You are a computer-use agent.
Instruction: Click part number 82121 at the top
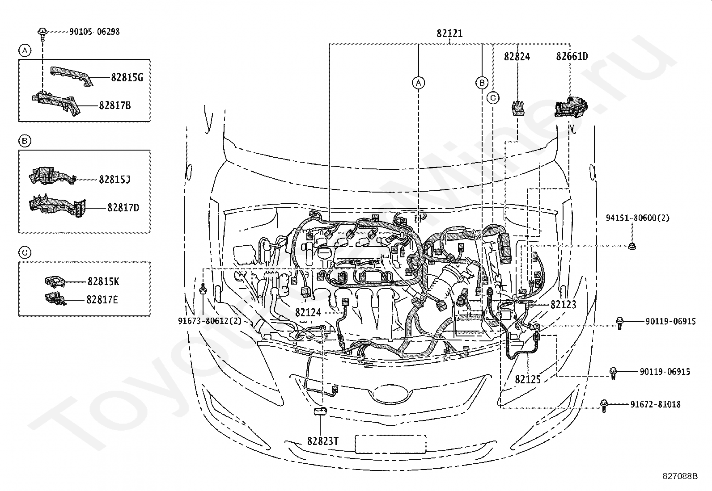point(449,34)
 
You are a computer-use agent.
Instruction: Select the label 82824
point(517,57)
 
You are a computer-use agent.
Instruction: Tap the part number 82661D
point(572,56)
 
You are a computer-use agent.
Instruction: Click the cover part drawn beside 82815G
point(72,76)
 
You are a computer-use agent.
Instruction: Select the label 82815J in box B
point(114,180)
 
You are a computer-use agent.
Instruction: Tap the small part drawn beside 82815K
point(55,281)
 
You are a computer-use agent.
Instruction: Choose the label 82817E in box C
point(102,299)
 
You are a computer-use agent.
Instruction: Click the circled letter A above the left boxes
point(25,50)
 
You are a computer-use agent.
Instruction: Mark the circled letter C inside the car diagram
point(493,98)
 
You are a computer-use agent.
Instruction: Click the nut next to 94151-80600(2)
point(632,246)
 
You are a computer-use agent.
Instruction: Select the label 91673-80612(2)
point(210,321)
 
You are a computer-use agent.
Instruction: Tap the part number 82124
point(308,313)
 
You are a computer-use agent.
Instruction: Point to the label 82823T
point(322,441)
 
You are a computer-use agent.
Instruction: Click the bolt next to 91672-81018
point(604,406)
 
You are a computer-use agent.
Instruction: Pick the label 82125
point(528,379)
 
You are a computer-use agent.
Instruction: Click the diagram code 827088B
point(680,476)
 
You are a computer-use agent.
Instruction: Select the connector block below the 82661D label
point(571,107)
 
